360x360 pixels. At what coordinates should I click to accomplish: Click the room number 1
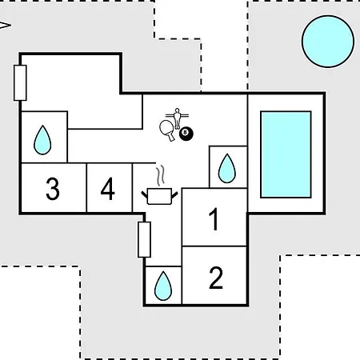[x=214, y=219]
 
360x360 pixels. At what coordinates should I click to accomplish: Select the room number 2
[x=216, y=278]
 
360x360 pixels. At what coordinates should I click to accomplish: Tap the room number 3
[x=53, y=189]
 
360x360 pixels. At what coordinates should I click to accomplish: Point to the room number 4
[x=108, y=189]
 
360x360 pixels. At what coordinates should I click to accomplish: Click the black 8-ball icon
[x=186, y=134]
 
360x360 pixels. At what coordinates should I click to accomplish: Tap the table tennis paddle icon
[x=167, y=130]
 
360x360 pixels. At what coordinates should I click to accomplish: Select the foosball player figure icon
[x=177, y=118]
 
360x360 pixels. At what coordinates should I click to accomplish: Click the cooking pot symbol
[x=159, y=197]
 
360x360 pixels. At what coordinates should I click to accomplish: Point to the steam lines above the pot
[x=160, y=175]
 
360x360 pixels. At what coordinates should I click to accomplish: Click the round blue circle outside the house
[x=328, y=42]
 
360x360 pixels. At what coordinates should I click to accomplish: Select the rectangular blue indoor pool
[x=286, y=154]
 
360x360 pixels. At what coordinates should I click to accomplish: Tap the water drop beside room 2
[x=163, y=286]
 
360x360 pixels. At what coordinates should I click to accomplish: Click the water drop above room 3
[x=42, y=140]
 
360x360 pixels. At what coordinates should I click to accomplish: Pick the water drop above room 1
[x=227, y=168]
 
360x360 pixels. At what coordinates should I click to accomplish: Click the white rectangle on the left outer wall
[x=20, y=83]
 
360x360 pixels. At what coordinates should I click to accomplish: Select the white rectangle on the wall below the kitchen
[x=144, y=239]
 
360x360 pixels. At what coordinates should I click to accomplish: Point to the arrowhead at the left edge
[x=5, y=26]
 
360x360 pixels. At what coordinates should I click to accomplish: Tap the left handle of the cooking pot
[x=144, y=194]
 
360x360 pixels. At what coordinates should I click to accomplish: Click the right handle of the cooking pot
[x=174, y=194]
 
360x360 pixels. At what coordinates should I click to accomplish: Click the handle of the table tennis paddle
[x=171, y=137]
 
